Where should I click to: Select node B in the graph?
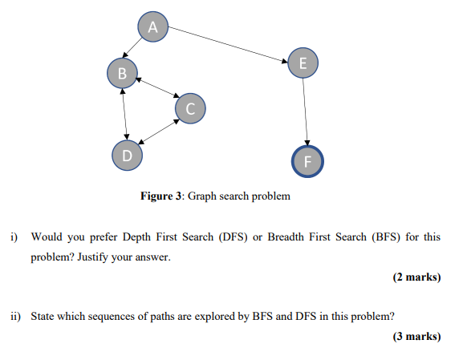coord(122,73)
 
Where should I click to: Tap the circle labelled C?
coord(189,107)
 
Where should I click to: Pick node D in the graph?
coord(127,154)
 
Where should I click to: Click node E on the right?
coord(303,63)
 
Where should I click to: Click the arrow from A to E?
coord(228,45)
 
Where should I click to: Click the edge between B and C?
coord(156,90)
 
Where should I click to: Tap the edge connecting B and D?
coord(124,113)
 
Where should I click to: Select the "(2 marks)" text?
coord(416,277)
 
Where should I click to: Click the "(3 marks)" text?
coord(416,337)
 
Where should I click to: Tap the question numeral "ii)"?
coord(15,316)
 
